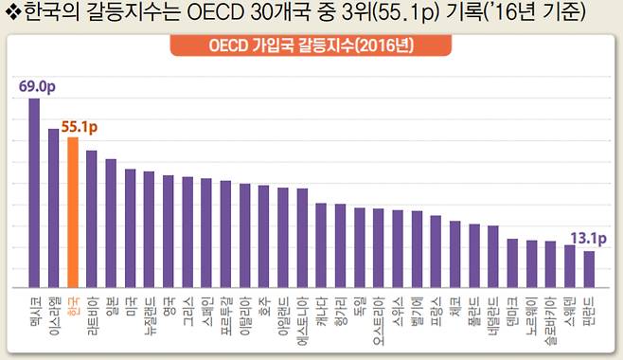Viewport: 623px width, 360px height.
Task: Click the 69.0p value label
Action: (x=36, y=86)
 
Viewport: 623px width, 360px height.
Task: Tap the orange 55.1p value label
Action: (x=80, y=125)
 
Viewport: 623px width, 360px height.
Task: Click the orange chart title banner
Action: (x=311, y=46)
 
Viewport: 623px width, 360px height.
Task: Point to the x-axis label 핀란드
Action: (x=589, y=308)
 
